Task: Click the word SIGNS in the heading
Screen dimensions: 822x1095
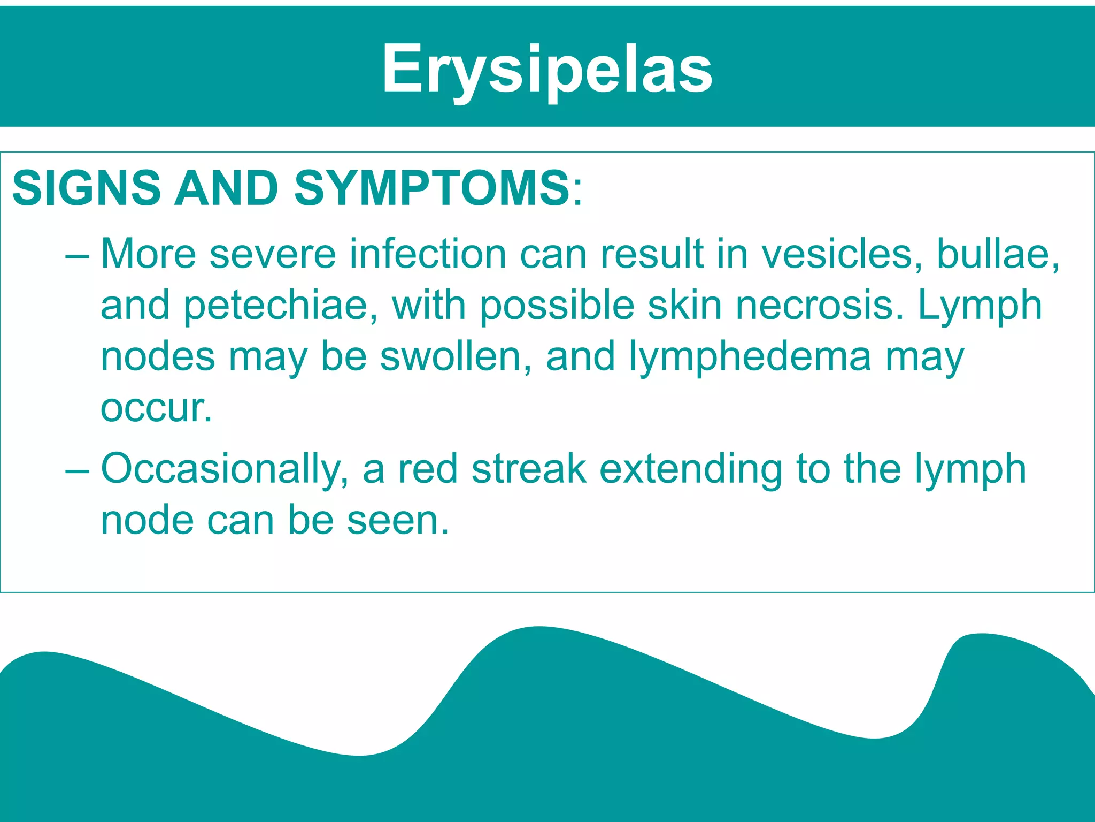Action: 86,188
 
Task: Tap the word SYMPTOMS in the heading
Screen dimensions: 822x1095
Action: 432,188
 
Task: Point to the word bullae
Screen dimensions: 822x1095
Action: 998,254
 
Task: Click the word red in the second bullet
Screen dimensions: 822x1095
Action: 428,469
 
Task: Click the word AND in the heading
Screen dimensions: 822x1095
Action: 227,188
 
